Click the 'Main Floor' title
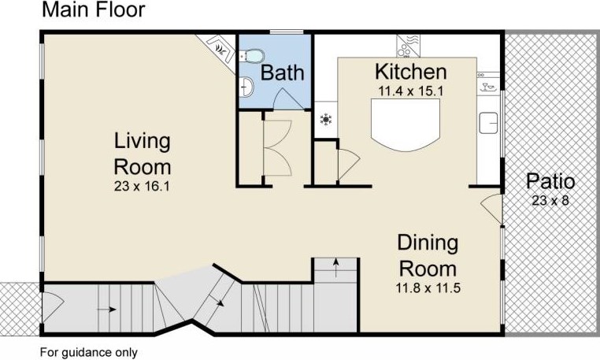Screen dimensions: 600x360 coord(94,9)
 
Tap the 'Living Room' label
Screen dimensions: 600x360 coord(143,154)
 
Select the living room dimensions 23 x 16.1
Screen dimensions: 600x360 coord(142,187)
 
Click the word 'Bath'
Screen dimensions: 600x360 coord(283,72)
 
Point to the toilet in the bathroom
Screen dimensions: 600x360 coord(252,56)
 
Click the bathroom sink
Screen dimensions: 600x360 coord(246,87)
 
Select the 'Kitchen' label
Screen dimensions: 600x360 coord(410,72)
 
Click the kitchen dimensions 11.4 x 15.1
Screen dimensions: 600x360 coord(410,91)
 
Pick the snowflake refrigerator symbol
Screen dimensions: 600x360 coord(326,120)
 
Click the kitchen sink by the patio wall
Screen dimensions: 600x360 coord(488,123)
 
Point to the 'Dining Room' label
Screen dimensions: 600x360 coord(428,256)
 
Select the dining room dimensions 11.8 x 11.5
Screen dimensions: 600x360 coord(428,288)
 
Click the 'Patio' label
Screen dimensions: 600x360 coord(550,181)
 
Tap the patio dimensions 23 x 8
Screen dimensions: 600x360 coord(550,200)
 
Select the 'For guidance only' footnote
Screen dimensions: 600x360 coord(89,352)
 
